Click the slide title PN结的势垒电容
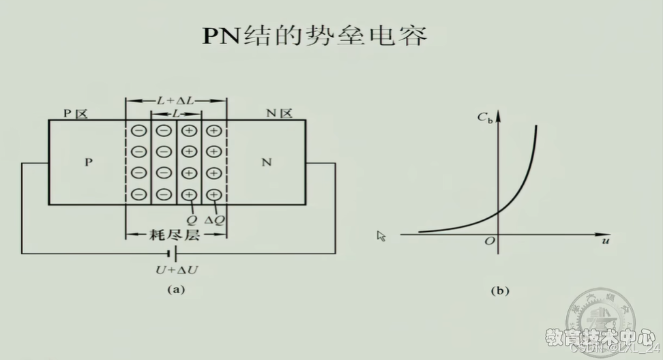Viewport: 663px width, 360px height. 314,35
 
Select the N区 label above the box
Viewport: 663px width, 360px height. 278,113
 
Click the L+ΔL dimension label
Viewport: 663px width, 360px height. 175,100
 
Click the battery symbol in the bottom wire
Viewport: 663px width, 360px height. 176,254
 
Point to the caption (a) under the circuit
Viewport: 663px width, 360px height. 176,289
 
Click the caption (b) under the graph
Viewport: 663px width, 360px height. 500,290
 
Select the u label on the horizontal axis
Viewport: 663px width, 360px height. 605,241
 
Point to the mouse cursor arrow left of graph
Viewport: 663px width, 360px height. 381,236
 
